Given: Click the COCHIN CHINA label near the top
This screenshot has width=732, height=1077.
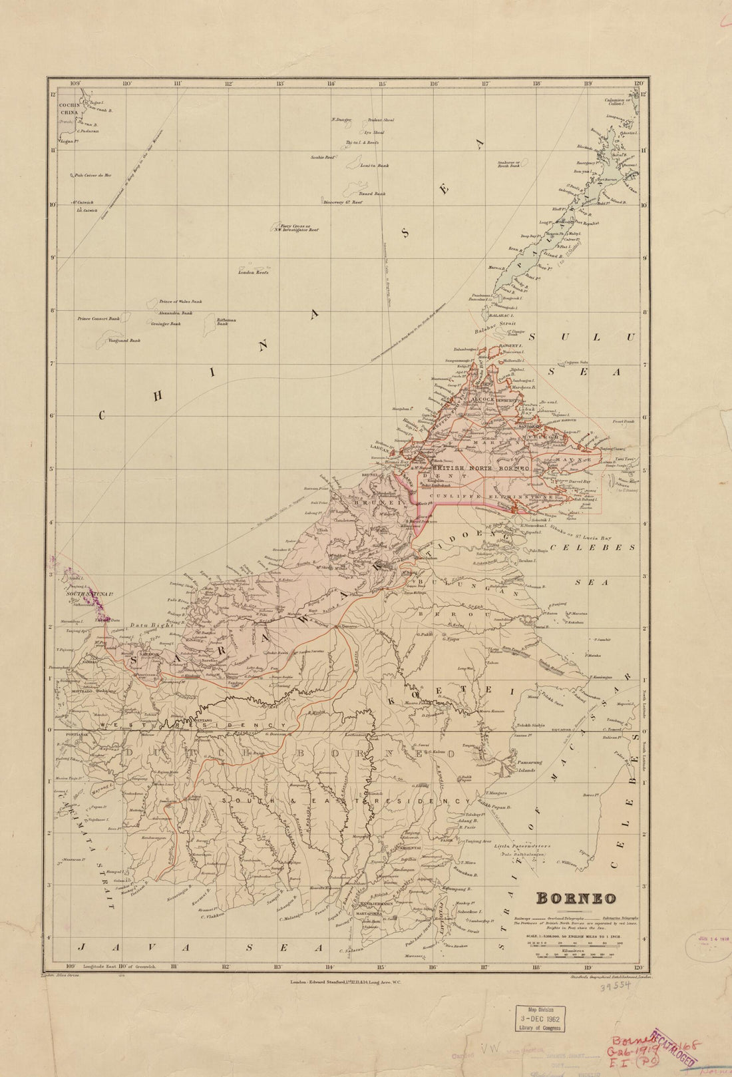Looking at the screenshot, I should click(x=69, y=110).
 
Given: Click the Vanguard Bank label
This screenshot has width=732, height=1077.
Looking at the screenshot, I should click(x=126, y=341).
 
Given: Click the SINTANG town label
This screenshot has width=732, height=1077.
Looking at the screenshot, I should click(x=202, y=720).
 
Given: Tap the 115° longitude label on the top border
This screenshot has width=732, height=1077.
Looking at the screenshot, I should click(x=382, y=84).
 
